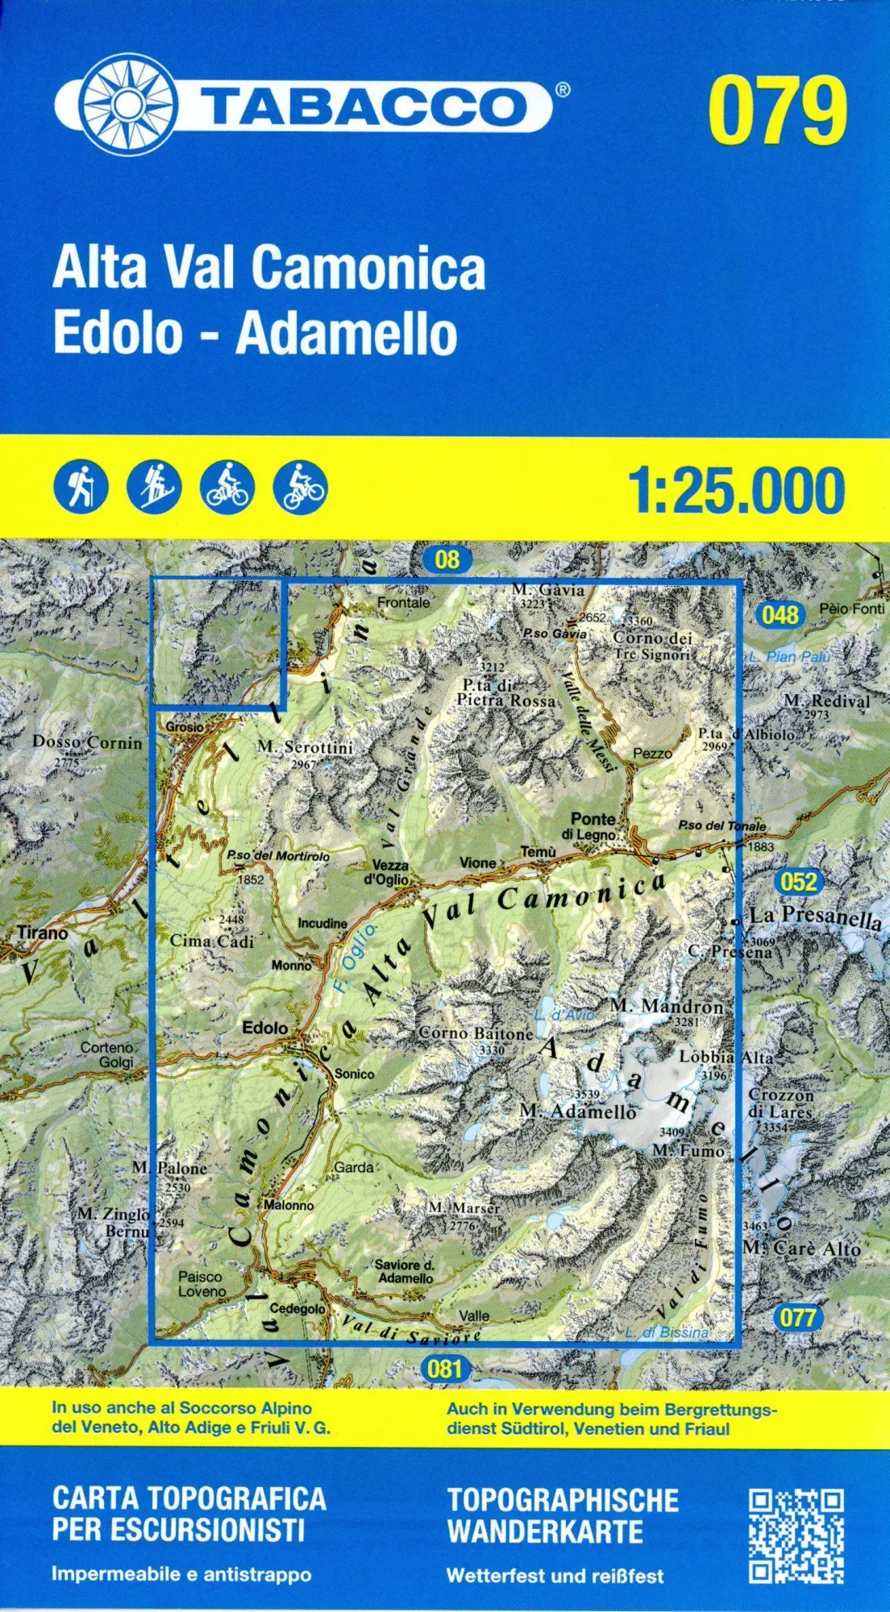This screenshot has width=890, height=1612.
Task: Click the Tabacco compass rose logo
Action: pyautogui.click(x=127, y=105)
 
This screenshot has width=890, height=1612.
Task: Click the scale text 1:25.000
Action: pyautogui.click(x=735, y=490)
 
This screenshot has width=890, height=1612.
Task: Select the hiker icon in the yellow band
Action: pyautogui.click(x=81, y=487)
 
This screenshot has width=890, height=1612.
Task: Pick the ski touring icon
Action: pyautogui.click(x=154, y=487)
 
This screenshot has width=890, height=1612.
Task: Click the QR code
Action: pyautogui.click(x=796, y=1536)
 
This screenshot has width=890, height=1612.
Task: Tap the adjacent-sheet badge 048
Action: pyautogui.click(x=780, y=616)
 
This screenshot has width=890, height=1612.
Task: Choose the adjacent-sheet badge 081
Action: pyautogui.click(x=445, y=1368)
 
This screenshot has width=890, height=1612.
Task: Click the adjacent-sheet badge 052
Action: pyautogui.click(x=798, y=881)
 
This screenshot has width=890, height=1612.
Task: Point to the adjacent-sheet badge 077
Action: pyautogui.click(x=797, y=1318)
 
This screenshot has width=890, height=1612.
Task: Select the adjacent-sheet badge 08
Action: pyautogui.click(x=447, y=559)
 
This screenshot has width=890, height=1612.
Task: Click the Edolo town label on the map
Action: pyautogui.click(x=265, y=1028)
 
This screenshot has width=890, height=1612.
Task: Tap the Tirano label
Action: pyautogui.click(x=43, y=933)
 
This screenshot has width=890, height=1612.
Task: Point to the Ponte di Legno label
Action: pyautogui.click(x=593, y=826)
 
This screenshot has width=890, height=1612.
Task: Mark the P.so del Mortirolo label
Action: pyautogui.click(x=277, y=856)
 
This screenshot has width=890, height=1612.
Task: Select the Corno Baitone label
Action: pyautogui.click(x=476, y=1033)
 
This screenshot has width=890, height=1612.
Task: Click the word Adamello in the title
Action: pyautogui.click(x=347, y=333)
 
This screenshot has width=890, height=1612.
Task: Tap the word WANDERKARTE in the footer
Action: pyautogui.click(x=545, y=1531)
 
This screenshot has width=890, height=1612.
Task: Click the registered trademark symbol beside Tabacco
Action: pyautogui.click(x=563, y=89)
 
